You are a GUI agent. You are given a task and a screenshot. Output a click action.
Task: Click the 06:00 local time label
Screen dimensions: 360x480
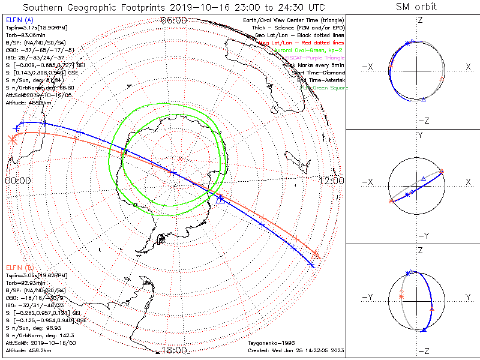[175, 20]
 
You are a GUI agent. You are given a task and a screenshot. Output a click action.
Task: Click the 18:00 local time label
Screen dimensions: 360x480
[175, 350]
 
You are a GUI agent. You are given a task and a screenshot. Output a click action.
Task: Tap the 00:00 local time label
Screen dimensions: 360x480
[17, 181]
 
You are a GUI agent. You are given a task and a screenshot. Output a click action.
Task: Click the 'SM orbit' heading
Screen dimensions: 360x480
[417, 7]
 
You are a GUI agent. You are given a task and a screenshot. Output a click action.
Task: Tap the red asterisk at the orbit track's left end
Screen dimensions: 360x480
[11, 140]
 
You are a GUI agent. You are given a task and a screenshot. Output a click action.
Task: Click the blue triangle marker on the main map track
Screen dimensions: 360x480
[220, 199]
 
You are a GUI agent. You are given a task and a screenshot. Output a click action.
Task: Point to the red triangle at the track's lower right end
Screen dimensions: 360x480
[316, 254]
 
